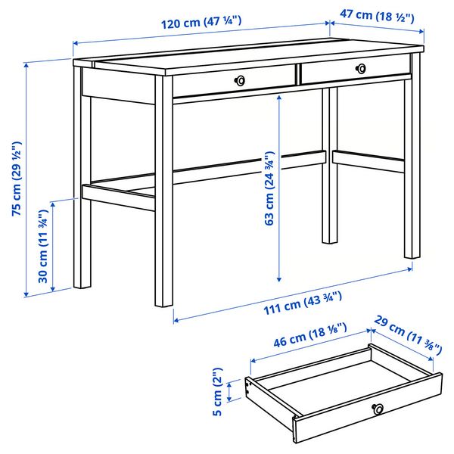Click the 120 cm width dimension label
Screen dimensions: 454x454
[x=201, y=23]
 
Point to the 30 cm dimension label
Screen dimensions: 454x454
[x=44, y=251]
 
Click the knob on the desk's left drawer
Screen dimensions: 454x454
[x=241, y=79]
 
